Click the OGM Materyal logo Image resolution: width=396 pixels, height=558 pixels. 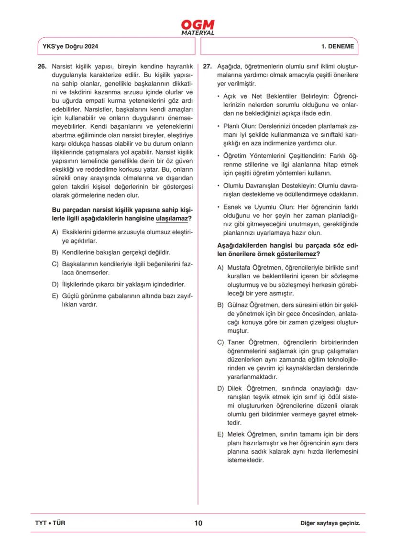[x=198, y=27]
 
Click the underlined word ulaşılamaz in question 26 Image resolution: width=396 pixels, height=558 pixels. [x=172, y=219]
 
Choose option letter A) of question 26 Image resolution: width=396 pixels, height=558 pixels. [x=55, y=231]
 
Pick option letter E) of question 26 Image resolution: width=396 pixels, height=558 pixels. [x=55, y=295]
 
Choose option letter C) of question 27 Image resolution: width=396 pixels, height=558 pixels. [x=220, y=342]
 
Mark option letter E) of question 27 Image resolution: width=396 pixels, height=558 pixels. [x=220, y=434]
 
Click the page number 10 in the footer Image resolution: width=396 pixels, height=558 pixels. [x=198, y=523]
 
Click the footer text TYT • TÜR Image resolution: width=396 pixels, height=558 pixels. [x=50, y=523]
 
